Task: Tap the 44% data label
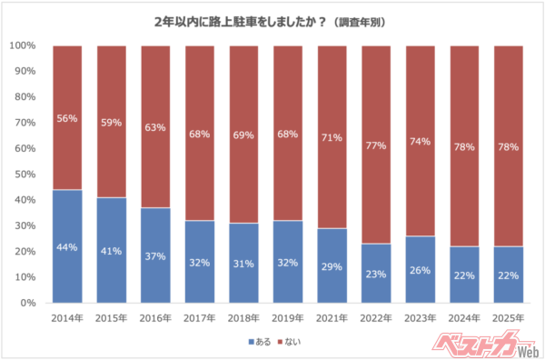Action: pyautogui.click(x=67, y=247)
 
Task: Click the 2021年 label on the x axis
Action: pyautogui.click(x=332, y=318)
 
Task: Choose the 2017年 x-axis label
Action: pyautogui.click(x=199, y=318)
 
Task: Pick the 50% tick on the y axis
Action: pyautogui.click(x=24, y=174)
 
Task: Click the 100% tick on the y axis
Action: pyautogui.click(x=22, y=45)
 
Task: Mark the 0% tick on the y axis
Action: pyautogui.click(x=26, y=303)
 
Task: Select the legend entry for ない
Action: pyautogui.click(x=290, y=342)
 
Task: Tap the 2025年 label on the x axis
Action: pyautogui.click(x=508, y=318)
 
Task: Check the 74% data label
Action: pyautogui.click(x=420, y=141)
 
